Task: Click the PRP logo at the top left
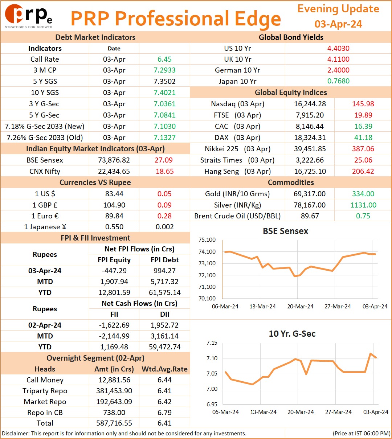tap(28, 16)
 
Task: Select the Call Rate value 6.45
tap(164, 59)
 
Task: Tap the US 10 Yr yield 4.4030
tap(338, 48)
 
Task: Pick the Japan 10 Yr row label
tap(237, 81)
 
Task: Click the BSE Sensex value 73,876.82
tap(114, 160)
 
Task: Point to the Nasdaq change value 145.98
tap(363, 104)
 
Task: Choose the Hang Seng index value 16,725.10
tap(310, 171)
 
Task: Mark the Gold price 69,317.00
tap(310, 194)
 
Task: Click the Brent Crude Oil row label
tap(237, 216)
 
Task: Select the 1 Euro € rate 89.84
tap(114, 216)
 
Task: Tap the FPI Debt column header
tap(164, 260)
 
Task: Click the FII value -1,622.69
tap(114, 325)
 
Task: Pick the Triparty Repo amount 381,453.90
tap(114, 391)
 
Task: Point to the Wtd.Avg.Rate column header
tap(164, 369)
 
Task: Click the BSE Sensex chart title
tap(285, 231)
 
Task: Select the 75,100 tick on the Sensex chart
tap(207, 240)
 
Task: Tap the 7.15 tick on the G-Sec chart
tap(212, 343)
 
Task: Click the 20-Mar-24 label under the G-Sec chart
tap(301, 412)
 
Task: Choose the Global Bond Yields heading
tap(291, 37)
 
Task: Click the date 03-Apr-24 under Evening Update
tap(338, 24)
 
